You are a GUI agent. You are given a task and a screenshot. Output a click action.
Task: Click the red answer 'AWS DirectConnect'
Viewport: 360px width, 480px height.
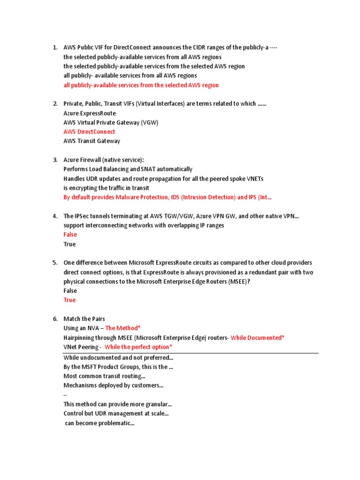[x=89, y=132]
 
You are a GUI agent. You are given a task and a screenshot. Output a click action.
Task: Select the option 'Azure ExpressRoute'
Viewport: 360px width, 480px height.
[x=90, y=113]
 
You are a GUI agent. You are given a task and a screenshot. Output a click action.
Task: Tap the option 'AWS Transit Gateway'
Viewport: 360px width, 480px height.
[x=92, y=141]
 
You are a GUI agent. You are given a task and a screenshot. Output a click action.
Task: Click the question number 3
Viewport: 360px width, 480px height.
[x=55, y=160]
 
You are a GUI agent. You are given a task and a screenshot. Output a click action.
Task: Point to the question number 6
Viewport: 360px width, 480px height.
[x=55, y=319]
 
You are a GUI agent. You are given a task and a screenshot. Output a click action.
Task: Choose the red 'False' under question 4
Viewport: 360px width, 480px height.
[x=70, y=234]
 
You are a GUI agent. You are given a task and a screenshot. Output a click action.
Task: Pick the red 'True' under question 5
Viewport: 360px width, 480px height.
[x=69, y=300]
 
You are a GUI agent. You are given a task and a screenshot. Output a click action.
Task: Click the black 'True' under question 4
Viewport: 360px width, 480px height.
[x=69, y=244]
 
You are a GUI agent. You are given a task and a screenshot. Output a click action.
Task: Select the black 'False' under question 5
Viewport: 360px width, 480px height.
[x=70, y=291]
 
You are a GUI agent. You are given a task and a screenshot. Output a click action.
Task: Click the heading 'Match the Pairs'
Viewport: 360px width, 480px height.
[x=84, y=319]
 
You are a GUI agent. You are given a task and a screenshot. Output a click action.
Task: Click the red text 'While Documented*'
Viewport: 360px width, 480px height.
[x=257, y=337]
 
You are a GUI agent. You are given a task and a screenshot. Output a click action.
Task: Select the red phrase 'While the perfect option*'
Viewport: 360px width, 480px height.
[x=138, y=347]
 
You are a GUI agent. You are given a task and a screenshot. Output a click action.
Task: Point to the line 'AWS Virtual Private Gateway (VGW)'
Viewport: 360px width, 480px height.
[x=111, y=122]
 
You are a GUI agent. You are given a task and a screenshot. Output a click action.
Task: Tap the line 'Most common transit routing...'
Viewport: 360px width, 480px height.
[x=105, y=376]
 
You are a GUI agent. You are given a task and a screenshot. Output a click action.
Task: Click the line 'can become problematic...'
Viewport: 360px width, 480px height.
[x=100, y=423]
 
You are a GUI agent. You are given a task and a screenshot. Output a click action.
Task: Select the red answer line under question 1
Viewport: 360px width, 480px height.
[x=141, y=85]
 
